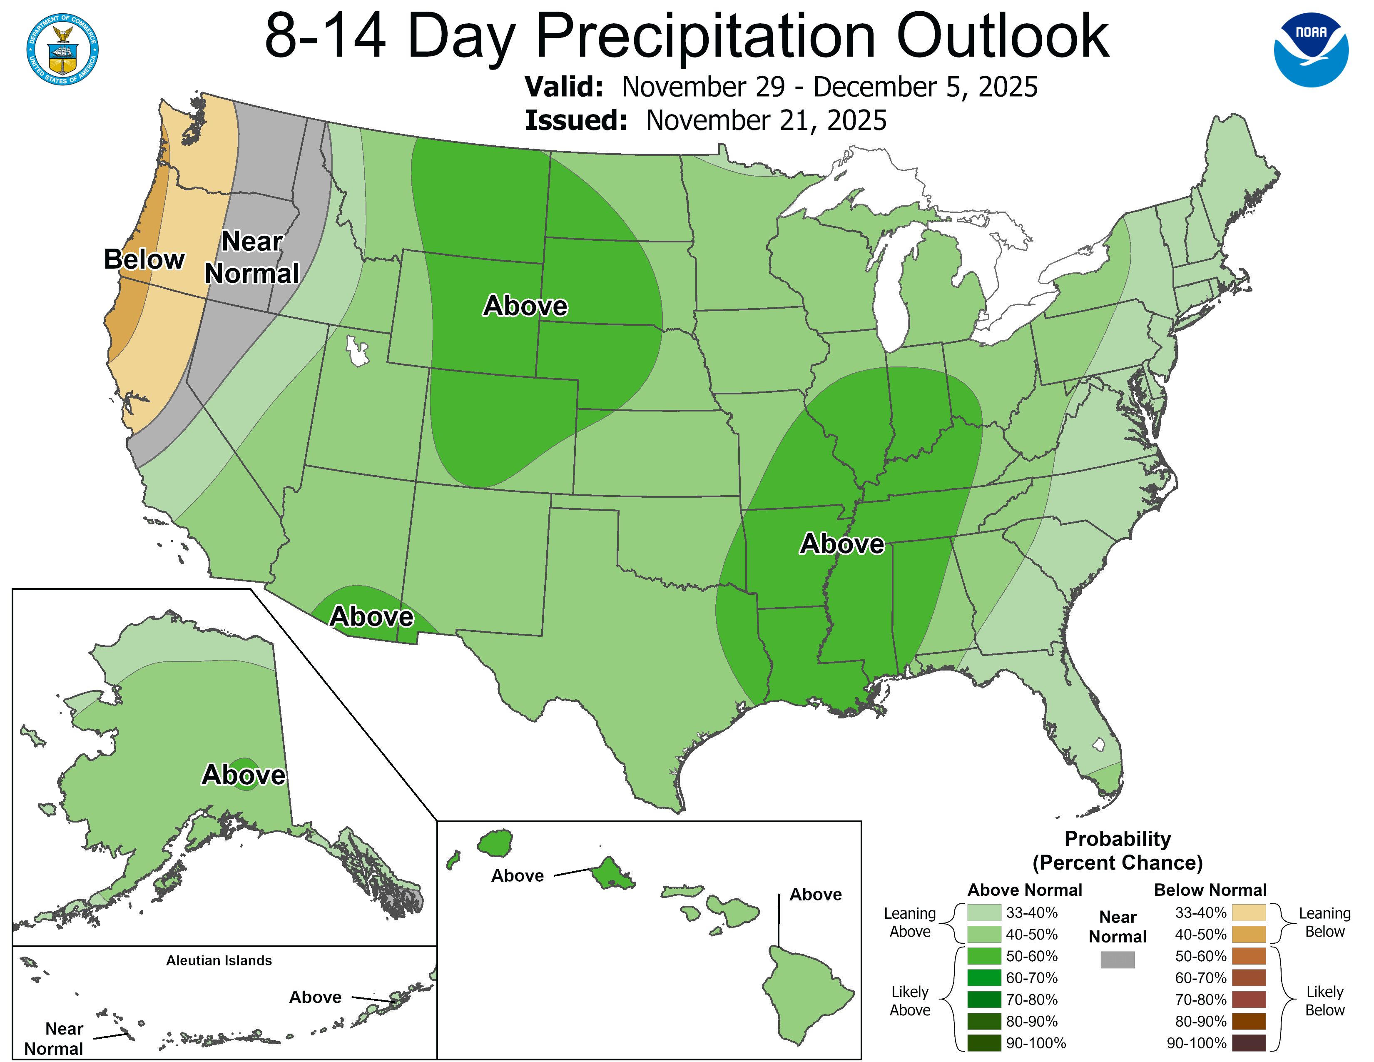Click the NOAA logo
[1311, 50]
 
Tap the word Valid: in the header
[564, 87]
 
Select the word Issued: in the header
[576, 121]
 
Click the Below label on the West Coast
[144, 259]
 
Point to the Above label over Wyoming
[525, 306]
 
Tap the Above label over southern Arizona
[372, 616]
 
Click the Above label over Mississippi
[842, 543]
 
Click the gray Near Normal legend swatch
[1118, 960]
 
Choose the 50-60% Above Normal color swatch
[984, 956]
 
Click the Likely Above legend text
[910, 1000]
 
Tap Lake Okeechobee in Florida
[1098, 745]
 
